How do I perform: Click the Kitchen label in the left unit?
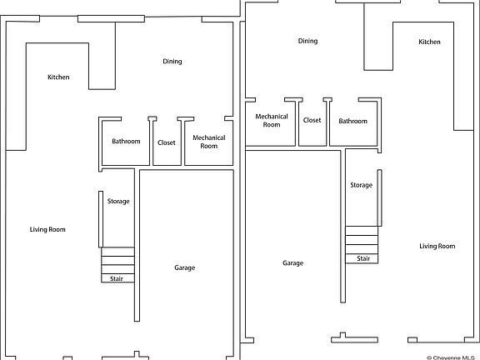coord(58,77)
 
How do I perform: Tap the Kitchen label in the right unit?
coord(429,42)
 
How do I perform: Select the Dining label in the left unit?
coord(172,62)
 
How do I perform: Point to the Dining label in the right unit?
coord(308,41)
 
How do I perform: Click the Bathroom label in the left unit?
coord(126,141)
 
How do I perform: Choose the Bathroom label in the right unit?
coord(353,121)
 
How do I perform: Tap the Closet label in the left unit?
coord(167,142)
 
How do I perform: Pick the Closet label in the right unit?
coord(312,120)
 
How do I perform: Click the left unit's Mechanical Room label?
coord(209,142)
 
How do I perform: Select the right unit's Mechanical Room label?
coord(272,120)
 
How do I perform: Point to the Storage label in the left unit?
coord(118,202)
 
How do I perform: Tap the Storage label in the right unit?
coord(362,185)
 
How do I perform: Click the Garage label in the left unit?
coord(185,267)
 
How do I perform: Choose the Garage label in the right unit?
coord(293,263)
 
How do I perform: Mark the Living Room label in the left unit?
coord(47,230)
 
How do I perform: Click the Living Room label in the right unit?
coord(437,246)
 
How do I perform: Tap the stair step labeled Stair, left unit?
coord(117,278)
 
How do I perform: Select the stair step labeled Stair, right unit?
coord(362,258)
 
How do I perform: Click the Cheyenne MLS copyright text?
coord(451,357)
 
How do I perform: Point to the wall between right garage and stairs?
coord(342,226)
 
